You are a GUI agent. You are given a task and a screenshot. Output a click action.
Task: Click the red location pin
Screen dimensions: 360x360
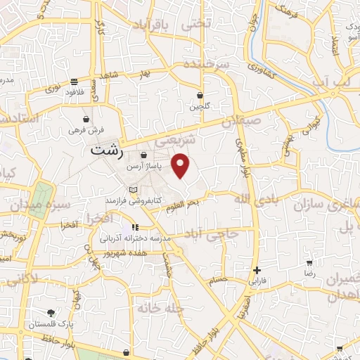[181, 166]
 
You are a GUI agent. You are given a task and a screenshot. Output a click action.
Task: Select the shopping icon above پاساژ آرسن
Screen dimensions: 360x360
[143, 155]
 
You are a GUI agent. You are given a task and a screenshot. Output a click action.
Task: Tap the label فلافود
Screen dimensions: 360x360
[75, 92]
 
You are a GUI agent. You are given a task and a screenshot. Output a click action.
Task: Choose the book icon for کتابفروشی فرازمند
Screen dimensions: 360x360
[134, 190]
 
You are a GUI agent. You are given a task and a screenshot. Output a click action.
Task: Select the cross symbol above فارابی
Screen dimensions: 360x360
[257, 270]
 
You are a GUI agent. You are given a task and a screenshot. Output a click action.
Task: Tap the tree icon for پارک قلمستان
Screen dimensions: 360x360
[50, 314]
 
